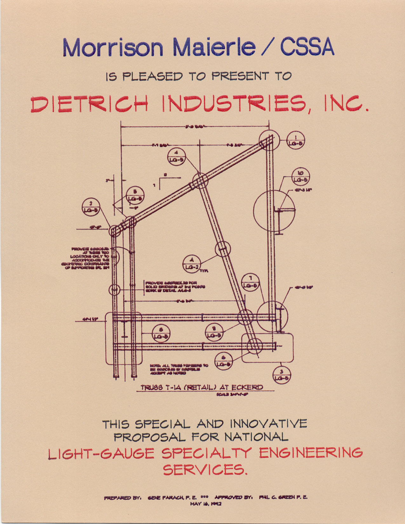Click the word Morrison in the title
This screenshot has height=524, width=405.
click(113, 48)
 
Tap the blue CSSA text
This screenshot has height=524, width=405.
click(307, 48)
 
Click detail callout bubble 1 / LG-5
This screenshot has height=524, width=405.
click(296, 140)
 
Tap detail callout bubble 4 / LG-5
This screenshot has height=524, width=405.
click(177, 156)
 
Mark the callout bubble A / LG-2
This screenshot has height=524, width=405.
click(192, 264)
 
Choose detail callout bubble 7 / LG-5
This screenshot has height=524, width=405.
click(250, 282)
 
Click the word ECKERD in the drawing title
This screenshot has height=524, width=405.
click(247, 387)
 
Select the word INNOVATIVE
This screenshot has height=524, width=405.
click(268, 424)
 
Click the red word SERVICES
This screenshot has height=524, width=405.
click(205, 469)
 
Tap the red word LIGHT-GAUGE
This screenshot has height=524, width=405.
click(101, 453)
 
